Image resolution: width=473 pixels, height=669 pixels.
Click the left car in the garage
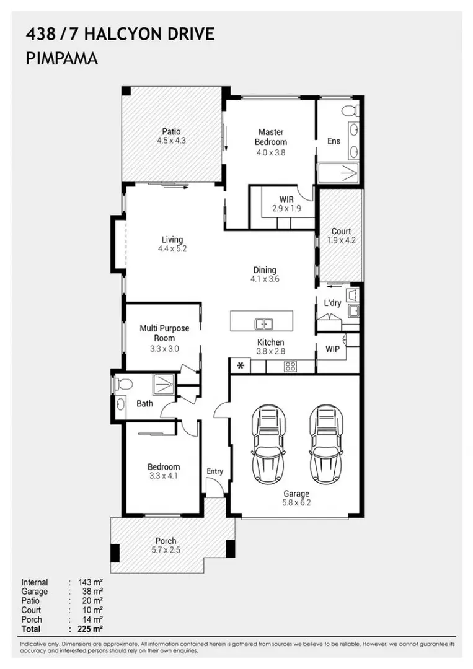(x=269, y=445)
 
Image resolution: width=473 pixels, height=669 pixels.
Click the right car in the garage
(x=326, y=445)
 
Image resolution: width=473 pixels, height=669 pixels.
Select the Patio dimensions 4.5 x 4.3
(x=172, y=141)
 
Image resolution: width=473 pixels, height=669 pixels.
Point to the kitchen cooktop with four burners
(x=290, y=366)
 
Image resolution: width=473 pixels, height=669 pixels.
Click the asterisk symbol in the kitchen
(x=239, y=366)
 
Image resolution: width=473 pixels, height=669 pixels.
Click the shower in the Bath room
(x=164, y=385)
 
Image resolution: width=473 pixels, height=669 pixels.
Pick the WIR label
(x=286, y=199)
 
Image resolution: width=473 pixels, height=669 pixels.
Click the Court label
(x=341, y=231)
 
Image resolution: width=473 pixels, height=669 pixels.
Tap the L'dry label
(x=333, y=303)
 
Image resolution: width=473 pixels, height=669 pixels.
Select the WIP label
(x=333, y=349)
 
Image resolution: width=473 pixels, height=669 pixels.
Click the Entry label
(x=214, y=471)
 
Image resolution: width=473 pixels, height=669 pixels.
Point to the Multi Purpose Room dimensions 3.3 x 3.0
(x=164, y=349)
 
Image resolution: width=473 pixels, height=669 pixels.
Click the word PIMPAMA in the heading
(x=62, y=59)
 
